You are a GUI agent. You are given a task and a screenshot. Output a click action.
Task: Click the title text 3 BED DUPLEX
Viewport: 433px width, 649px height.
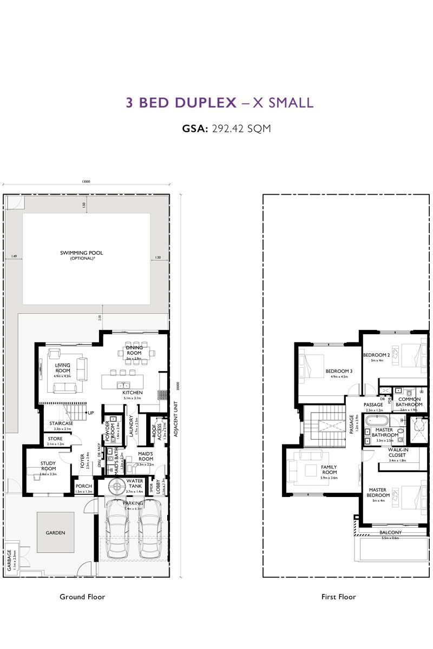click(x=181, y=103)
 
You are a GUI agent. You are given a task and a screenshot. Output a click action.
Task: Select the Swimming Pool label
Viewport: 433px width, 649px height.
click(x=81, y=253)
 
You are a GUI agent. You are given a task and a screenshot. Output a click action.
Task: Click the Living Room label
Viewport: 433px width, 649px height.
click(x=63, y=368)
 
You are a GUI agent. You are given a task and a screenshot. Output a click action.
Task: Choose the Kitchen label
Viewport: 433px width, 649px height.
click(x=132, y=392)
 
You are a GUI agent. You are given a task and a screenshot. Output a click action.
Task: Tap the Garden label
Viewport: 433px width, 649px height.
click(x=55, y=533)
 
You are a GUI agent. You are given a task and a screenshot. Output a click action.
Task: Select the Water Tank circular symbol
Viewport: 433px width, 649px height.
click(x=115, y=486)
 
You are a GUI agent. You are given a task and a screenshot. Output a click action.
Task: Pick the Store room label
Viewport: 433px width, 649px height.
click(x=55, y=439)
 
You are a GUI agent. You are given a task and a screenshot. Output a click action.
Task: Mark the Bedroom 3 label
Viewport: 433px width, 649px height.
click(x=339, y=372)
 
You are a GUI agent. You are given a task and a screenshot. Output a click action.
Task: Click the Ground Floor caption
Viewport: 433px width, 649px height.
click(x=82, y=597)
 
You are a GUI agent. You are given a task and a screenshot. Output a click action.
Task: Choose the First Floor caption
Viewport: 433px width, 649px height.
click(x=339, y=597)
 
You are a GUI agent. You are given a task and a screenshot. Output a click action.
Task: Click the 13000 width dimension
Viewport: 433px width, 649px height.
click(x=86, y=182)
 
